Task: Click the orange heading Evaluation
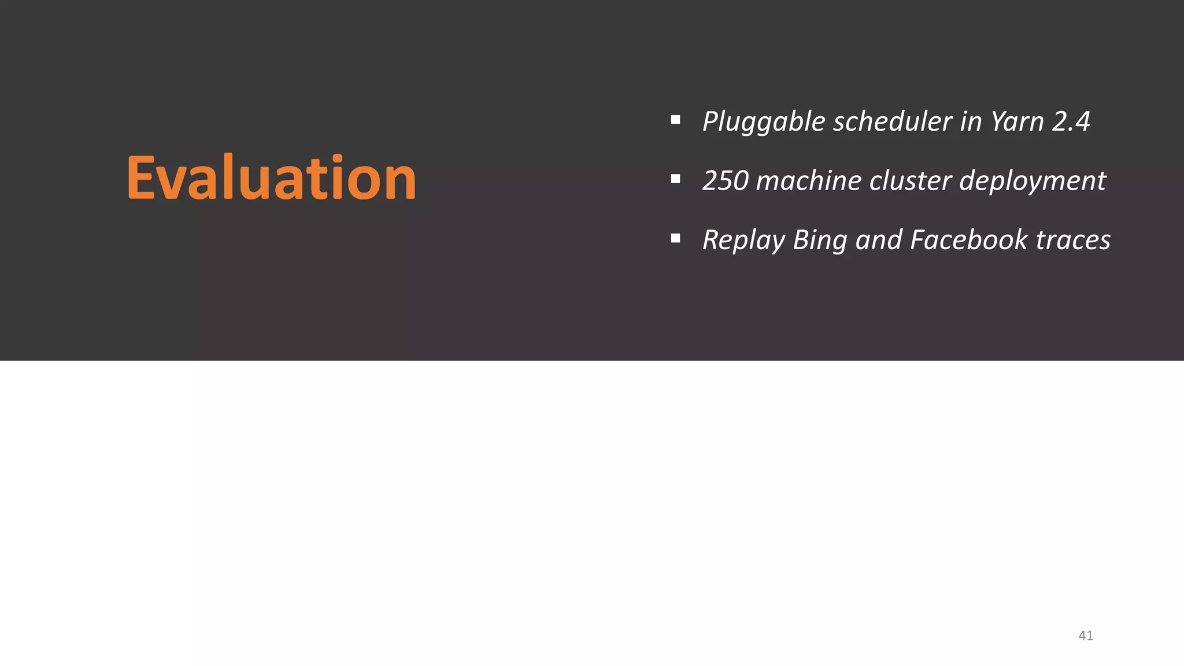[x=271, y=177]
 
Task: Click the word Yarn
[x=1018, y=121]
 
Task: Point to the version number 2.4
[x=1071, y=121]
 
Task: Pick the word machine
[x=808, y=180]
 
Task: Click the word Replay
[x=743, y=240]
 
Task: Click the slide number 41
[x=1086, y=636]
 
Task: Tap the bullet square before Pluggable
[x=675, y=120]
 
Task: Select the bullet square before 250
[x=675, y=179]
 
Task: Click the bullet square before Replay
[x=675, y=238]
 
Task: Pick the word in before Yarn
[x=971, y=121]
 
